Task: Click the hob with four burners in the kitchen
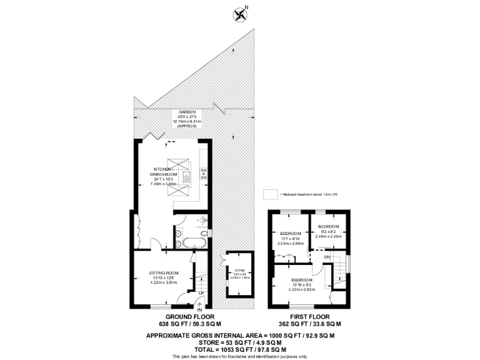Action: [203, 174]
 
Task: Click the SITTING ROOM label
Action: [164, 273]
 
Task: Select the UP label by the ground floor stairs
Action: [201, 292]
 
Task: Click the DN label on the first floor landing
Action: [327, 257]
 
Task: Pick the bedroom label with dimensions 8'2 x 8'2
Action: [328, 226]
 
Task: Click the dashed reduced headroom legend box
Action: [270, 194]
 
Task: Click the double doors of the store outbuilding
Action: [224, 261]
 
